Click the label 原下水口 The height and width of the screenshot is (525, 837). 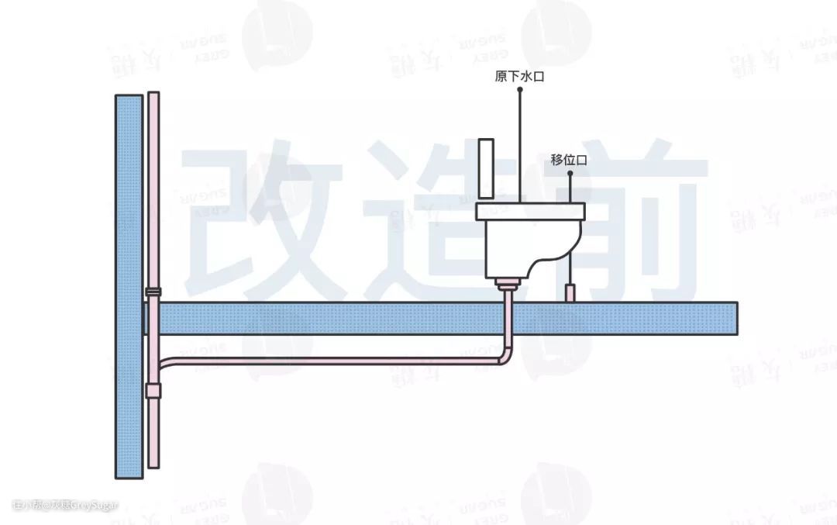click(x=520, y=76)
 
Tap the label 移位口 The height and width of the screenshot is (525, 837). click(x=570, y=159)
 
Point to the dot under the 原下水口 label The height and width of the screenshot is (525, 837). click(x=520, y=90)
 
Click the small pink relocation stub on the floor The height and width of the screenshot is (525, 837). click(x=570, y=293)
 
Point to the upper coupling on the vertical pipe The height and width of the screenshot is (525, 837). click(x=153, y=293)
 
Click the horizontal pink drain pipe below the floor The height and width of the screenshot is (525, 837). click(x=333, y=359)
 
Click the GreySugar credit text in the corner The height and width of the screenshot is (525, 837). click(x=66, y=505)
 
